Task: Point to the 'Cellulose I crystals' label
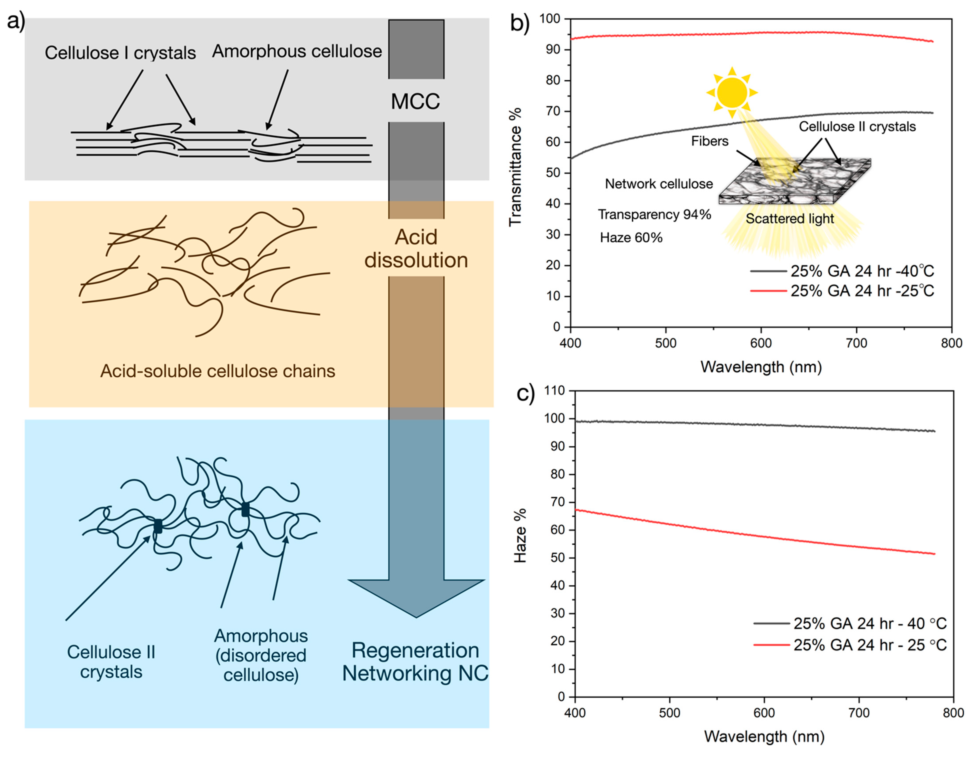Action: pyautogui.click(x=120, y=53)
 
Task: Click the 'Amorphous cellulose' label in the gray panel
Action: pyautogui.click(x=297, y=51)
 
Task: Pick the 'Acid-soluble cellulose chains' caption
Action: pyautogui.click(x=217, y=371)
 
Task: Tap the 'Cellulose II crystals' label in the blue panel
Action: pyautogui.click(x=111, y=662)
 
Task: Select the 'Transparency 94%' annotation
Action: pyautogui.click(x=655, y=215)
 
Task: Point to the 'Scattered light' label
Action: pyautogui.click(x=789, y=219)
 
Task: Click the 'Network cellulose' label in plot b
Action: pyautogui.click(x=659, y=184)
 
